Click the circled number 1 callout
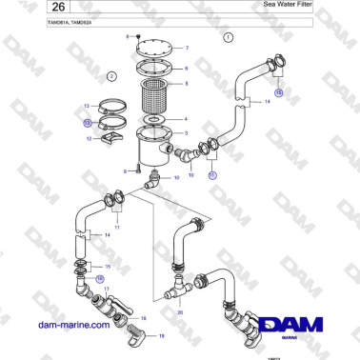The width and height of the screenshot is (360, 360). tap(229, 38)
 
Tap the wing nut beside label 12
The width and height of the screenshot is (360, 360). tap(108, 138)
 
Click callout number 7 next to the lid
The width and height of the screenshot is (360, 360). tap(186, 48)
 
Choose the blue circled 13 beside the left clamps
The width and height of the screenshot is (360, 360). tap(87, 122)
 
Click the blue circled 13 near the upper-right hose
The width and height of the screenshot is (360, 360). tap(278, 92)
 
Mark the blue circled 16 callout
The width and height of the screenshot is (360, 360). tap(100, 278)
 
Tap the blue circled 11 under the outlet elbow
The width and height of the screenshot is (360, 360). tap(212, 176)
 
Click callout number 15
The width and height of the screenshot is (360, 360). tap(108, 266)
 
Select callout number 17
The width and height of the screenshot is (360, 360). tap(107, 289)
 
